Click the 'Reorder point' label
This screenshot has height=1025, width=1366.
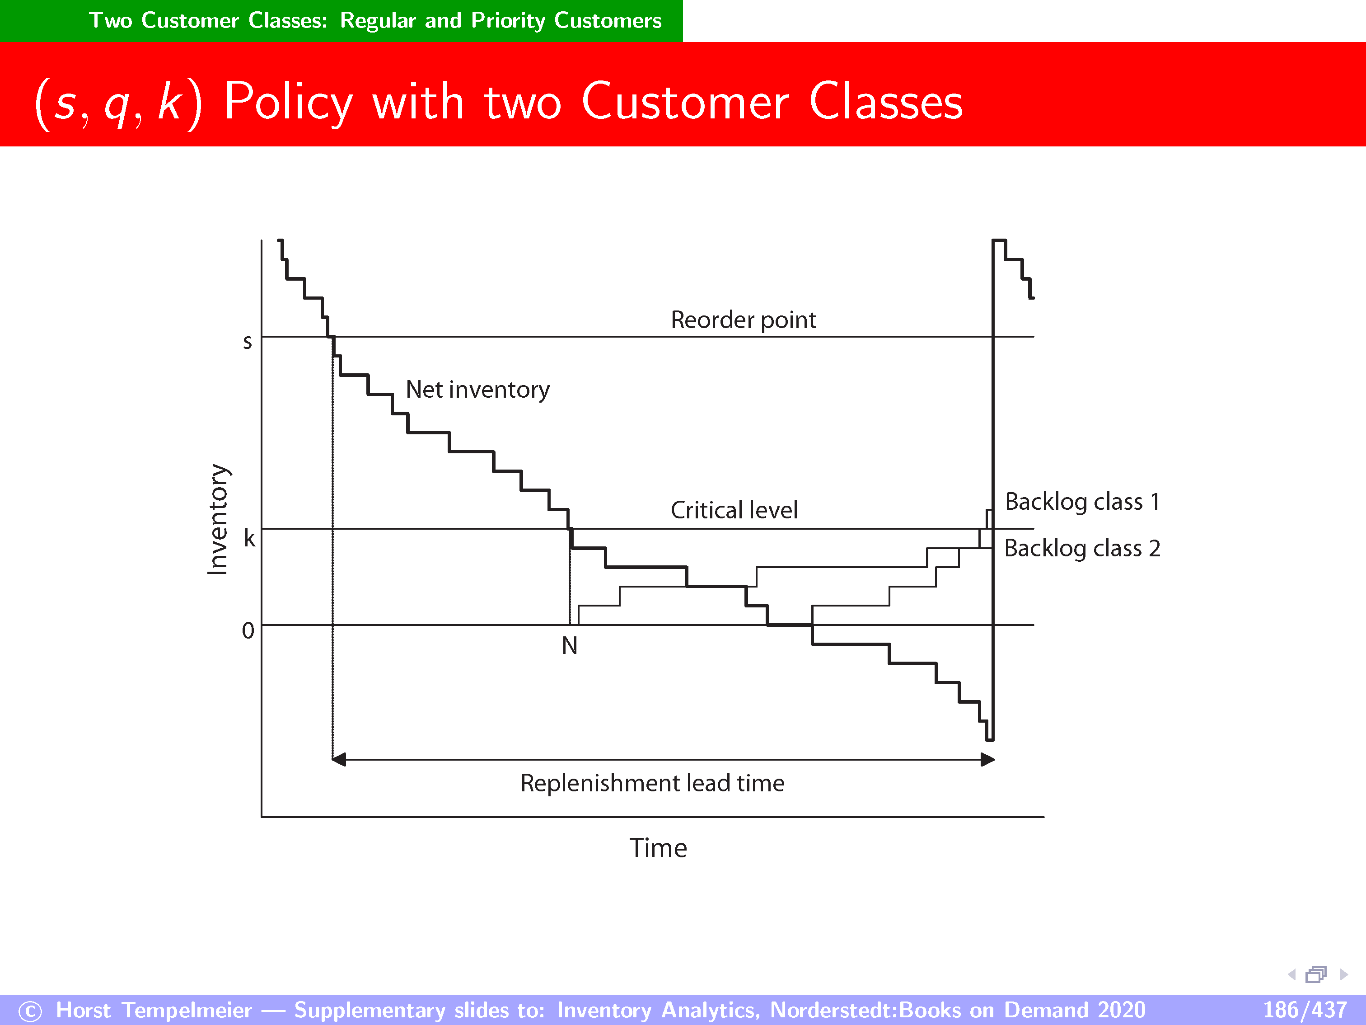click(744, 320)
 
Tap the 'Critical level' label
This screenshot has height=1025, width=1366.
click(734, 510)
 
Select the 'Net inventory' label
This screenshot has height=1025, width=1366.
click(478, 390)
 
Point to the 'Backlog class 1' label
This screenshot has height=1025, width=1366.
click(1083, 502)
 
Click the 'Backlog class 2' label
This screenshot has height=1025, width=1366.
click(1083, 548)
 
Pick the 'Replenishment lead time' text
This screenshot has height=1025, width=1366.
click(652, 783)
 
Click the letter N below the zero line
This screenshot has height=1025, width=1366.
click(569, 646)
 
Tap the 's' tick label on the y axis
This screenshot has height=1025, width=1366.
click(248, 342)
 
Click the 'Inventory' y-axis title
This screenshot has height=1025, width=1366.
click(217, 519)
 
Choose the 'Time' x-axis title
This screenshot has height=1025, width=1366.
click(658, 848)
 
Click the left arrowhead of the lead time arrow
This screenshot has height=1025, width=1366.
click(338, 759)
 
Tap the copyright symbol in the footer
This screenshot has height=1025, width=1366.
click(30, 1011)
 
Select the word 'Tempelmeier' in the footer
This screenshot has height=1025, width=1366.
click(187, 1010)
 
